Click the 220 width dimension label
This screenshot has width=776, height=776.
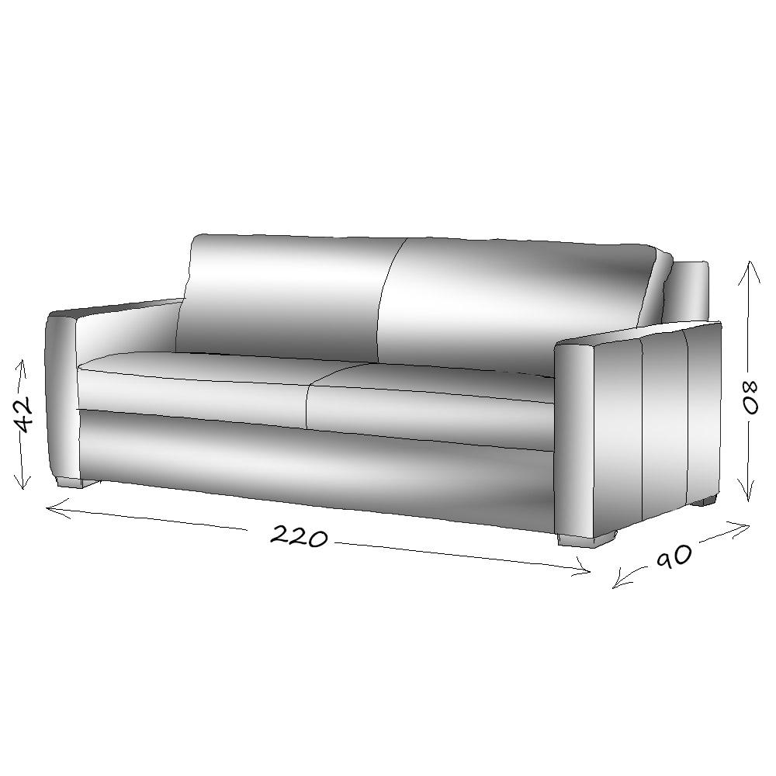[300, 536]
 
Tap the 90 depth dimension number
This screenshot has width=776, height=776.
[674, 556]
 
